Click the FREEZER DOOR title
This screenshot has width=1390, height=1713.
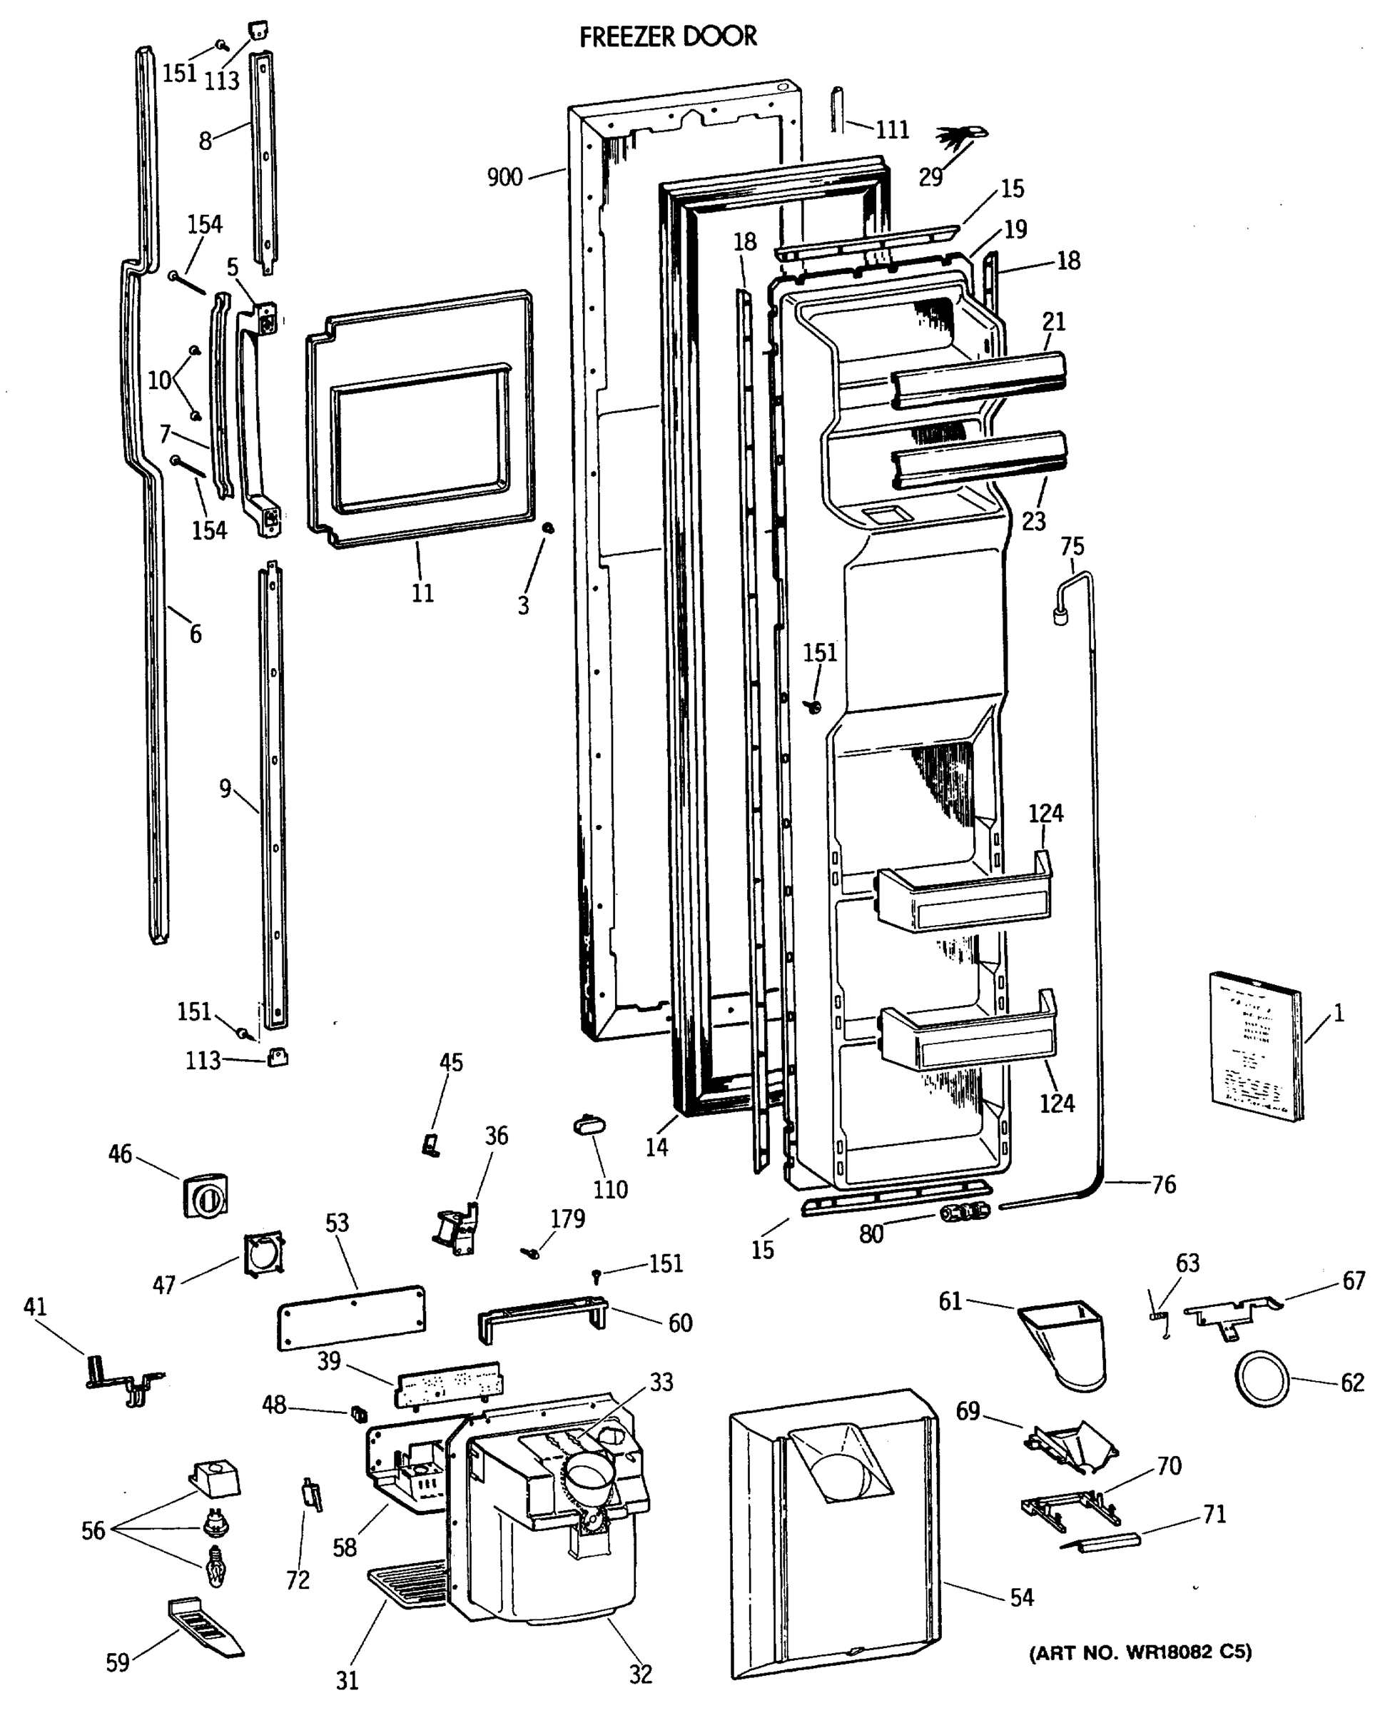pos(668,37)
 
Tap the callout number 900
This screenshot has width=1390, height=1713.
pos(504,177)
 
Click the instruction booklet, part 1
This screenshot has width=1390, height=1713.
pos(1254,1045)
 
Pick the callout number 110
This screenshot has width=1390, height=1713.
pos(610,1190)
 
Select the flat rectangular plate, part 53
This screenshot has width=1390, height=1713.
pos(350,1318)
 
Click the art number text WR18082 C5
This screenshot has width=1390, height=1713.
pos(1140,1652)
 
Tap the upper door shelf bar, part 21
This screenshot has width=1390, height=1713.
pos(978,380)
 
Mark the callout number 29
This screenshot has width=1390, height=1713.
pos(930,177)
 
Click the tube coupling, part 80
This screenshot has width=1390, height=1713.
pos(963,1213)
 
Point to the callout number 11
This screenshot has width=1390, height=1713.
pos(422,593)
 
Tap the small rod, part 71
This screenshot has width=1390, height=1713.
pos(1101,1541)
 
